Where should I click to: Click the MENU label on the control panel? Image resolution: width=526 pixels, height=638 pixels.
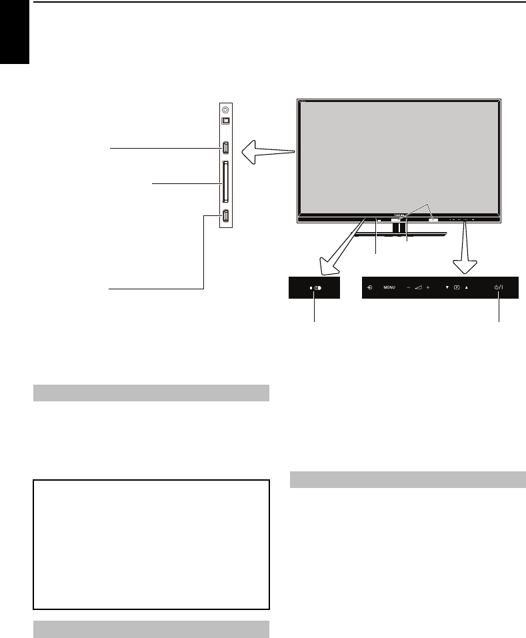[x=389, y=288]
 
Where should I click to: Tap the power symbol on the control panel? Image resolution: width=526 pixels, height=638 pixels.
[x=498, y=288]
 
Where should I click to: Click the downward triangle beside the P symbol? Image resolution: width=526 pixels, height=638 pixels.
[x=447, y=288]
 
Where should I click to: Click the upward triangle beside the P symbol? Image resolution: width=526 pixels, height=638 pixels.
[x=467, y=288]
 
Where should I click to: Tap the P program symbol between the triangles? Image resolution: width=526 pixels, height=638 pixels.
[x=457, y=288]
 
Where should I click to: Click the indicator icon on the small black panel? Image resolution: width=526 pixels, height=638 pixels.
[x=316, y=288]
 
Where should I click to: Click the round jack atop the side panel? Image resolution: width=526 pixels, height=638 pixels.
[x=225, y=109]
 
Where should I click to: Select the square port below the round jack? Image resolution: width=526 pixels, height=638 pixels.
[x=225, y=121]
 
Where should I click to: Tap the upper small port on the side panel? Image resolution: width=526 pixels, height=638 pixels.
[x=225, y=147]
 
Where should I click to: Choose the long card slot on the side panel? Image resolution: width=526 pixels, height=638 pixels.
[x=225, y=182]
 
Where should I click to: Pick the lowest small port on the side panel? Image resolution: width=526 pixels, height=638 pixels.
[x=225, y=216]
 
